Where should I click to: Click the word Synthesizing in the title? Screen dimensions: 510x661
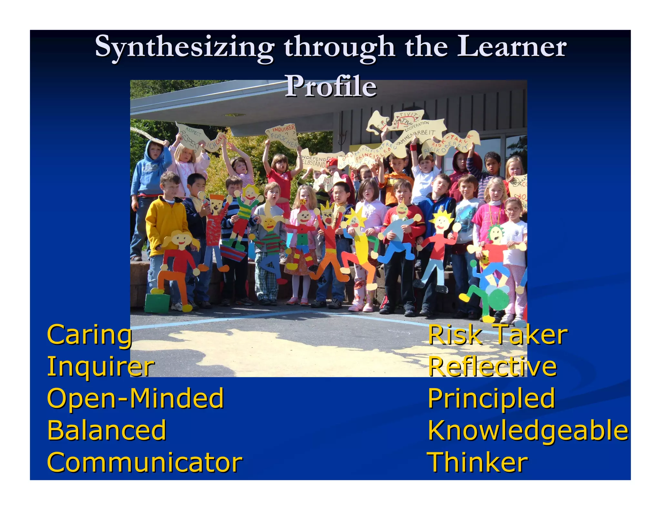184,48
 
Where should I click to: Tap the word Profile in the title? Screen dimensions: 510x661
331,86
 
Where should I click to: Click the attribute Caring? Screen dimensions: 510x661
89,335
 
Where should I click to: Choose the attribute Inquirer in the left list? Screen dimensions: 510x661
101,367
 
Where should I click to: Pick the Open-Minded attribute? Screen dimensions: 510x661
135,398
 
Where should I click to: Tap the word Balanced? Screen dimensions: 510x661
107,430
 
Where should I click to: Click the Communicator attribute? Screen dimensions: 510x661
145,462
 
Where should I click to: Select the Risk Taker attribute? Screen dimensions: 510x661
497,335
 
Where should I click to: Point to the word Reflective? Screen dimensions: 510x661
492,367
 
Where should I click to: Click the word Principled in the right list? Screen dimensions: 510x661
491,399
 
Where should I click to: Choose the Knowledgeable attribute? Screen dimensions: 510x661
528,430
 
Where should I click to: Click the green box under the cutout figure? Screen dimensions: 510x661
157,303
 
